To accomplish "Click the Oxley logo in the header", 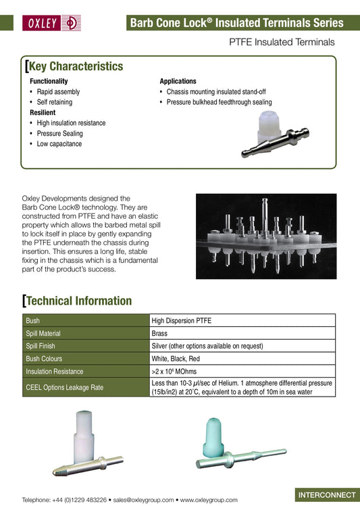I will pos(52,22).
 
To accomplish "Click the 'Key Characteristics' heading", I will pos(74,66).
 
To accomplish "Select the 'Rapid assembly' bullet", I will pos(58,92).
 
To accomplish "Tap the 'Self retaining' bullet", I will pos(55,102).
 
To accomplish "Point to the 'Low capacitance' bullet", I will pos(59,144).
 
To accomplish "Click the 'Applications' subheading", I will pos(178,81).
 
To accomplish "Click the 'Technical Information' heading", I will pos(79,301).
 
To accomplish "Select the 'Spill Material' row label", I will pos(43,333).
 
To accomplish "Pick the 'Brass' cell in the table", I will pos(159,333).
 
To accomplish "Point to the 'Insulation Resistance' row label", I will pos(55,371).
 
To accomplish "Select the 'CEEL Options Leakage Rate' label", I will pos(64,387).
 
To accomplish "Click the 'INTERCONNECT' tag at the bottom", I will pos(327,495).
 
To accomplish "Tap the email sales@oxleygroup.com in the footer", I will pos(144,500).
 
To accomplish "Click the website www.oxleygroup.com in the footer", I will pos(209,500).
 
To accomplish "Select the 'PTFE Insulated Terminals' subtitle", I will pos(282,42).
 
